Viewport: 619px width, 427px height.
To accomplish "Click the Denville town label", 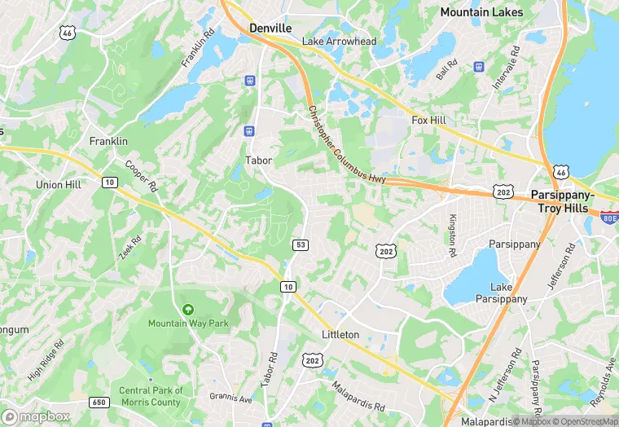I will pyautogui.click(x=270, y=28).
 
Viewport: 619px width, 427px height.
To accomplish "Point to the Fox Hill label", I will pyautogui.click(x=429, y=120).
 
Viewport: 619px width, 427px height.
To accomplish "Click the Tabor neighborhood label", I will pyautogui.click(x=258, y=161).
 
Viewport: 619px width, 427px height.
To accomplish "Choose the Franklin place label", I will pyautogui.click(x=108, y=141).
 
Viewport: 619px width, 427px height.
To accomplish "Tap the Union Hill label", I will pyautogui.click(x=59, y=185).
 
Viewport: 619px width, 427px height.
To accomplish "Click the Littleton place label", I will pyautogui.click(x=340, y=335).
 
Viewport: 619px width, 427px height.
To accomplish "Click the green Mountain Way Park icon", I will pyautogui.click(x=188, y=310).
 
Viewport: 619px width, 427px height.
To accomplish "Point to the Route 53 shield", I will pyautogui.click(x=300, y=244).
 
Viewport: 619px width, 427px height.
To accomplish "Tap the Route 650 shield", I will pyautogui.click(x=99, y=403).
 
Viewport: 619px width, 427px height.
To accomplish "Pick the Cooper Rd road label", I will pyautogui.click(x=140, y=176).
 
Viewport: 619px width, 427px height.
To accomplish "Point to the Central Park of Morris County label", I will pyautogui.click(x=150, y=396).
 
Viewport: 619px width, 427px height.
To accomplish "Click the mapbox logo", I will pyautogui.click(x=36, y=416).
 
